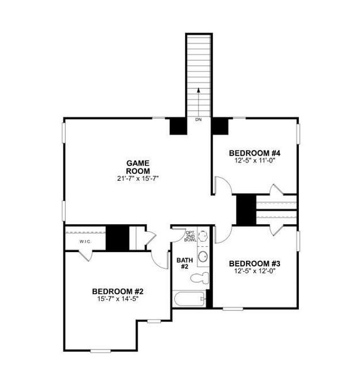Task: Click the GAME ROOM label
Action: point(137,167)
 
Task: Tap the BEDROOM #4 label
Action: point(254,152)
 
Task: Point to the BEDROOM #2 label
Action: point(118,291)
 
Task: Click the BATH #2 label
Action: point(183,263)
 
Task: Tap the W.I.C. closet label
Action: point(86,242)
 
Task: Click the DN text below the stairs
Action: point(198,119)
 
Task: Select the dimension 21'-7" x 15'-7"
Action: point(137,178)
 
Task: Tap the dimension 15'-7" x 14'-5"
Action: point(118,299)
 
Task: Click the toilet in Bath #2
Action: point(201,278)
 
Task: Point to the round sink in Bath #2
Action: point(203,256)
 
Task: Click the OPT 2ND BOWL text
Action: point(190,236)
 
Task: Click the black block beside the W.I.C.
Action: point(117,238)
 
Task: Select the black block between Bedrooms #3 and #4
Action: point(245,209)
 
